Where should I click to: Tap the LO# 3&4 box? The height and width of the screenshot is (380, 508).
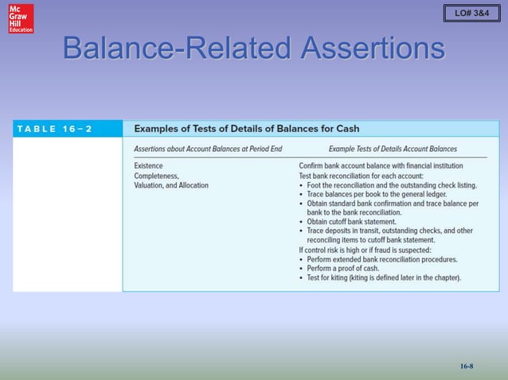click(471, 15)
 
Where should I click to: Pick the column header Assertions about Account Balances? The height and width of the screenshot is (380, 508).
click(208, 149)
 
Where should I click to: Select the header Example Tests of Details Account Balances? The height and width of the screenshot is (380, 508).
click(393, 149)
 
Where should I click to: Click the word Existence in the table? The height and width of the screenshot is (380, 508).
click(149, 165)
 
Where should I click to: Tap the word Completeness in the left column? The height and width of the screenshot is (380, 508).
click(156, 175)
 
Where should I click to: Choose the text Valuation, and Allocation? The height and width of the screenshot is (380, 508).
click(171, 185)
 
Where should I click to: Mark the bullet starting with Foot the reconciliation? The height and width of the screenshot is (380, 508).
click(391, 185)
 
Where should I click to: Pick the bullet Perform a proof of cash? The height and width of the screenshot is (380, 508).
click(353, 268)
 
